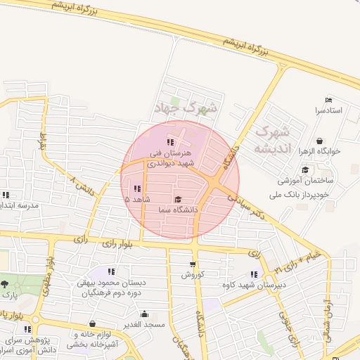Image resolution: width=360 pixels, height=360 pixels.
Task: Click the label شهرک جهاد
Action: coord(186,109)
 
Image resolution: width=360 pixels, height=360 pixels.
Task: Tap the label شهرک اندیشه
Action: coord(271,140)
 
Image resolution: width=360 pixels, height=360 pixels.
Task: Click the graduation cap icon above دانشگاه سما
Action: coord(178,200)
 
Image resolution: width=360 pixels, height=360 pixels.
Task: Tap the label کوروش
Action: coord(192,275)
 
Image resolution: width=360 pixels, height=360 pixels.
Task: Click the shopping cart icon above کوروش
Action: coord(192,265)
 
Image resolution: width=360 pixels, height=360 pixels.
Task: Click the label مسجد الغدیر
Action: coord(144,324)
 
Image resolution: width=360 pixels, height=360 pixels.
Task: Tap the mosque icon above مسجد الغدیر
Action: coord(144,314)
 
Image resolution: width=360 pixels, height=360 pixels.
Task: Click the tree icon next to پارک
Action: coord(6,284)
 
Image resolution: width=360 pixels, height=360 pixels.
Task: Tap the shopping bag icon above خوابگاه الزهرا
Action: coord(320,141)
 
